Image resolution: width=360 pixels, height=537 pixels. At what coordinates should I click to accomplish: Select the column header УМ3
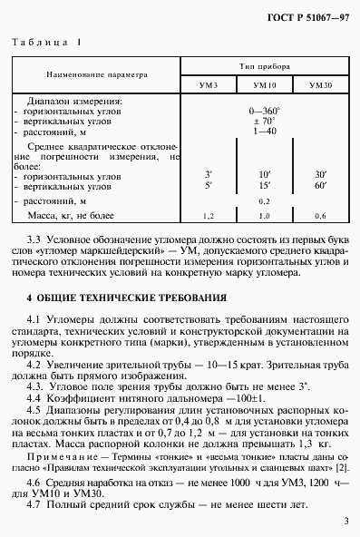coord(209,83)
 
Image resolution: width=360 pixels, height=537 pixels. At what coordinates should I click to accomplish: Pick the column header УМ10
coord(265,83)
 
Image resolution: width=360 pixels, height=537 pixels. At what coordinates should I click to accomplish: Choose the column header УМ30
coord(319,83)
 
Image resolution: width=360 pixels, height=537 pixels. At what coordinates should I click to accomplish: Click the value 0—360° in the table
coord(264,111)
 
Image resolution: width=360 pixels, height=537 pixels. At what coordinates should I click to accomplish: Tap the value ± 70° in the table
coord(264,121)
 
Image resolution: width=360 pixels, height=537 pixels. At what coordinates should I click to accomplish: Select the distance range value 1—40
coord(264,131)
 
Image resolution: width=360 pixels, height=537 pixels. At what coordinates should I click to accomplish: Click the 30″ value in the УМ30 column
coord(319,172)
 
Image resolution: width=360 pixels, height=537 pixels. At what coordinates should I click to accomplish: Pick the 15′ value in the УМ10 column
coord(264,185)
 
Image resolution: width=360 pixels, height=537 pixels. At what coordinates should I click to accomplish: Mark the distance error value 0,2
coord(264,200)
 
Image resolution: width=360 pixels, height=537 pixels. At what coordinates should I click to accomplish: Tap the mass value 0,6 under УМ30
coord(319,217)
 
